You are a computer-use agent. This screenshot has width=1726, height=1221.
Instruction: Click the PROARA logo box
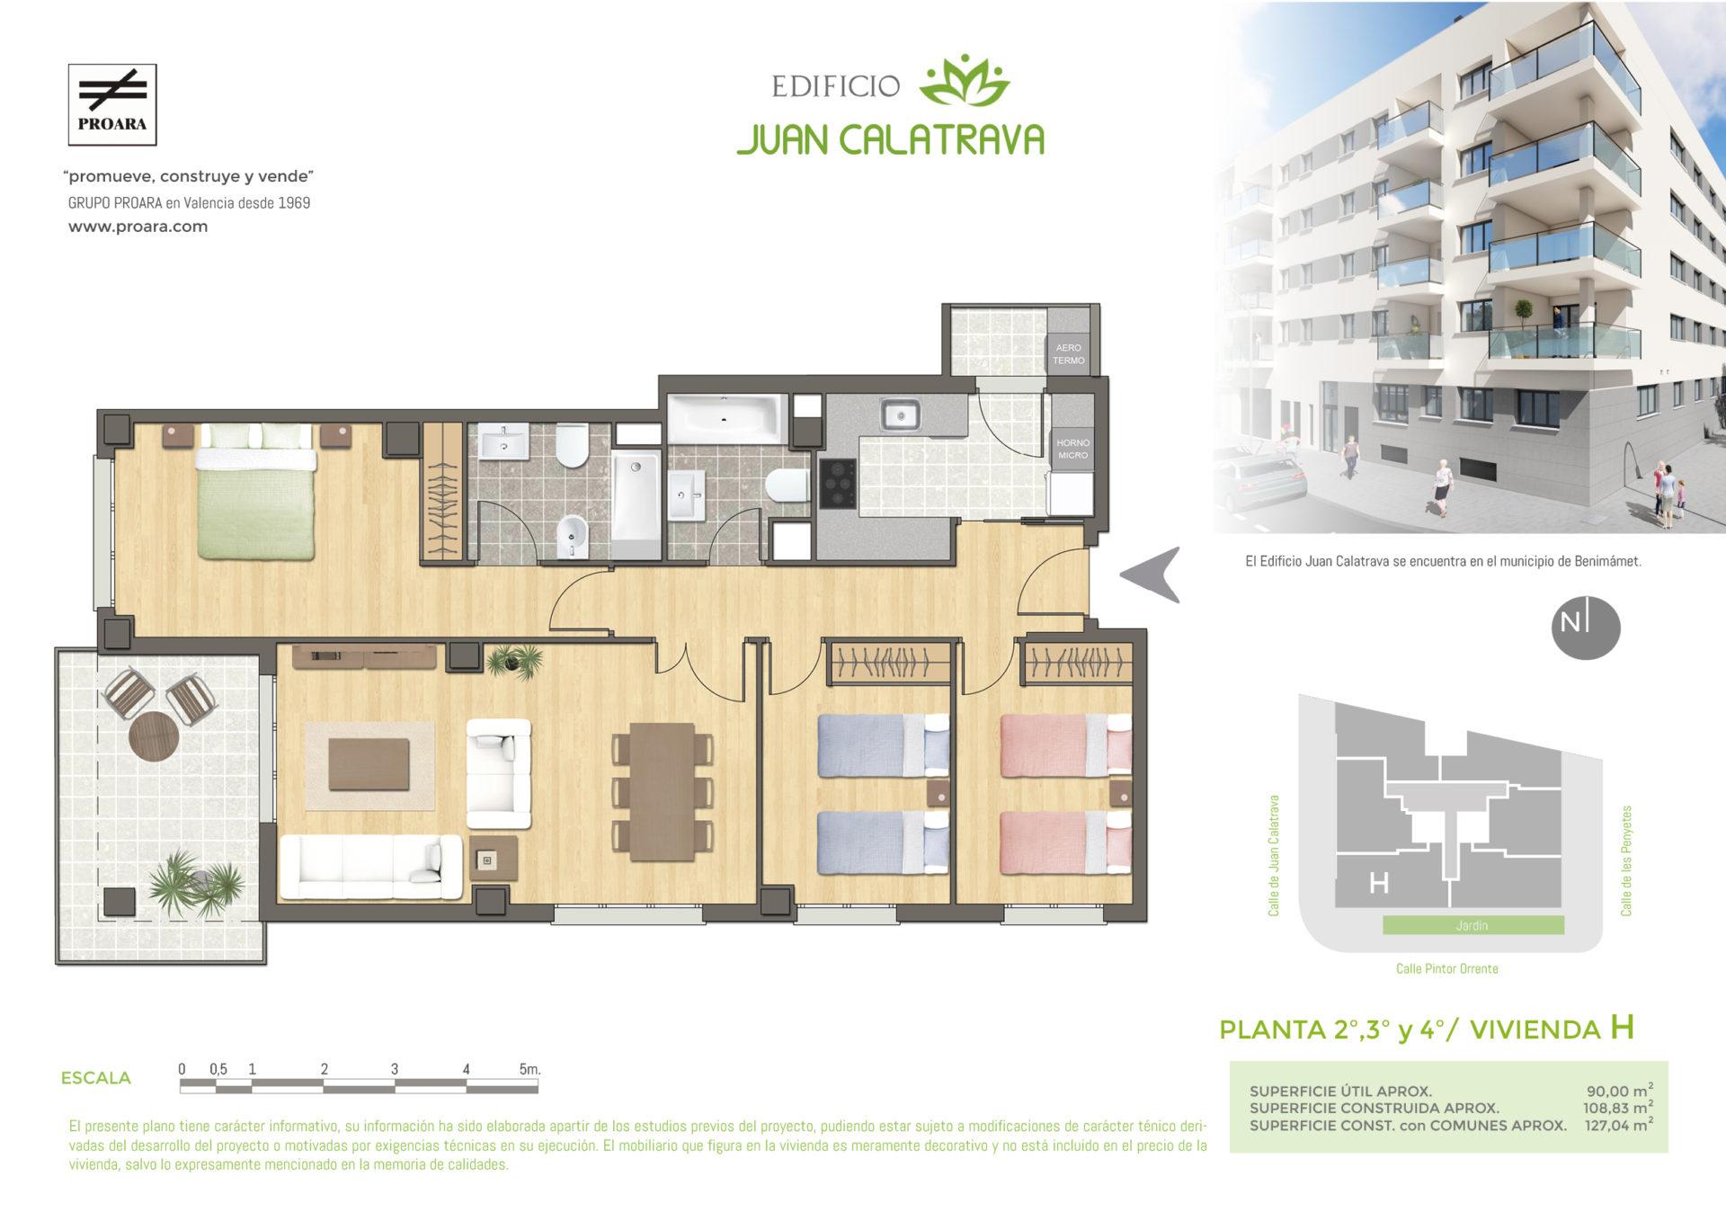[x=112, y=104]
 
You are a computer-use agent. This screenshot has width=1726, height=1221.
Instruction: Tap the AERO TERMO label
[x=1069, y=353]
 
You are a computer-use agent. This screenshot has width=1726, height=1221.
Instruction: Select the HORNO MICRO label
[x=1072, y=449]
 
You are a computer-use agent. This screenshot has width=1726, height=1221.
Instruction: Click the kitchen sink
[x=899, y=415]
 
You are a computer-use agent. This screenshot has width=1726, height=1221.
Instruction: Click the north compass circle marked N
[x=1586, y=628]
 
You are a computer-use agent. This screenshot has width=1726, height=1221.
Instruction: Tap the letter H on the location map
[x=1378, y=884]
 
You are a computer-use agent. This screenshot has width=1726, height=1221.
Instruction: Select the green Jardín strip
[x=1472, y=925]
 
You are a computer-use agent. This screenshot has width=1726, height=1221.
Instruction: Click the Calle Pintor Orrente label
[x=1446, y=969]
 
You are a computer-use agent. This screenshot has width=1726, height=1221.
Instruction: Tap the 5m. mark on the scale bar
[x=529, y=1069]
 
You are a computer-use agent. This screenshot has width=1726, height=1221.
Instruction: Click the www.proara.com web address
[x=138, y=227]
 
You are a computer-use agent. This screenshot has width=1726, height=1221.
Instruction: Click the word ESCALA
[x=95, y=1078]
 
